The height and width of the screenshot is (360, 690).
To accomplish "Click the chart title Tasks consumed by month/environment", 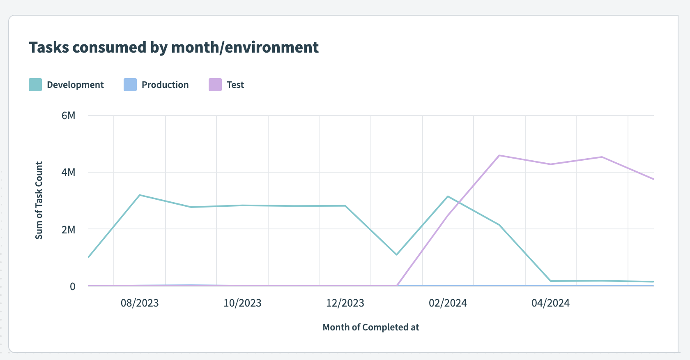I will [174, 48].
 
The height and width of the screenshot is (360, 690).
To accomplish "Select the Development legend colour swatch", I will [35, 85].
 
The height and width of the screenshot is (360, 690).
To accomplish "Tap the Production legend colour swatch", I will [130, 85].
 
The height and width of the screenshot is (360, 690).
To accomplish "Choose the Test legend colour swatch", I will [215, 85].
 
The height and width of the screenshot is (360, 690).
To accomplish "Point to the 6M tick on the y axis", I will [69, 115].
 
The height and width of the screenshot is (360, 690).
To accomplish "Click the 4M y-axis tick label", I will [69, 172].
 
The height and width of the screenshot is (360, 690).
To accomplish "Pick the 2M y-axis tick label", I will [69, 229].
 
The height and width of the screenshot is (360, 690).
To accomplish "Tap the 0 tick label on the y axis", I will [73, 286].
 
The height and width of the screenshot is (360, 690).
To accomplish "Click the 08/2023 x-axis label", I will [140, 303].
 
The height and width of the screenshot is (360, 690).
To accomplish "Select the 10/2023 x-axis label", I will [242, 303].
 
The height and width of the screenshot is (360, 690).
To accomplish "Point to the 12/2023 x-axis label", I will [345, 303].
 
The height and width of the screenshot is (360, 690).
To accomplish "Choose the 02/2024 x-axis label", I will [448, 303].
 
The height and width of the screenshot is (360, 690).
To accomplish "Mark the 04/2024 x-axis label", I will [550, 303].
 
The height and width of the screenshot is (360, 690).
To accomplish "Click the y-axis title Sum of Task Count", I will [39, 200].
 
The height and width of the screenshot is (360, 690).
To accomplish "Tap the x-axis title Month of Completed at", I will [371, 328].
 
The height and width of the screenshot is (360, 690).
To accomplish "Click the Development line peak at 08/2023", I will [140, 195].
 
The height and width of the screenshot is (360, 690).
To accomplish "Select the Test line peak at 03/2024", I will [499, 155].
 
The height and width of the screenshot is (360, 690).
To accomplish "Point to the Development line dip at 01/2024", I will [396, 255].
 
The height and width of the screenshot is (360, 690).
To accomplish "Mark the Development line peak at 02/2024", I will [448, 196].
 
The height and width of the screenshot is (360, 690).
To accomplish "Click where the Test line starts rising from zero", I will [397, 285].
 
